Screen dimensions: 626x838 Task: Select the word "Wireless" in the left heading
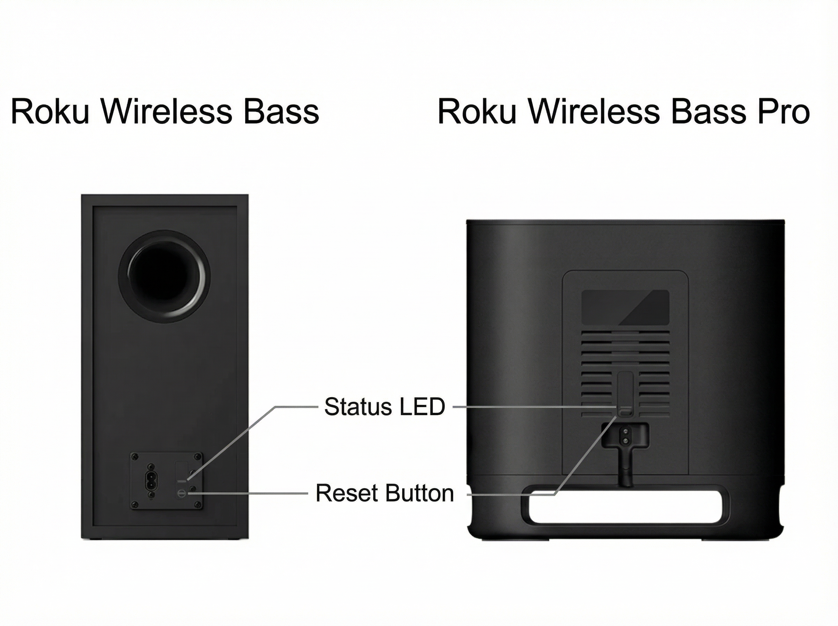pyautogui.click(x=166, y=111)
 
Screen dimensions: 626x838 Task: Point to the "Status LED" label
pyautogui.click(x=384, y=407)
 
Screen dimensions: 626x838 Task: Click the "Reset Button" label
pyautogui.click(x=384, y=493)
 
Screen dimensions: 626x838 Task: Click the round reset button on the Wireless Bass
pyautogui.click(x=181, y=493)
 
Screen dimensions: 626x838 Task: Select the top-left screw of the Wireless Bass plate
pyautogui.click(x=134, y=457)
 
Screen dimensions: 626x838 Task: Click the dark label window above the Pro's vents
pyautogui.click(x=625, y=307)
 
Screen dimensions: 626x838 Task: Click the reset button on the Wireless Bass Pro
pyautogui.click(x=625, y=410)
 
